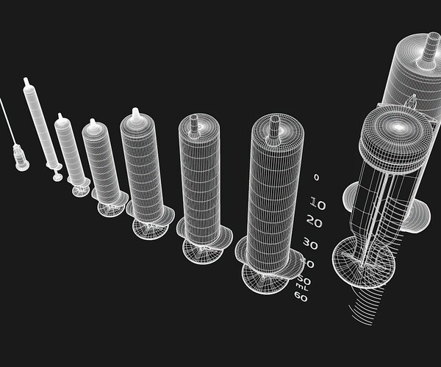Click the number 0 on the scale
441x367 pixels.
coord(316,178)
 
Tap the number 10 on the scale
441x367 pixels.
coord(318,203)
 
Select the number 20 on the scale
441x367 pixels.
coord(314,222)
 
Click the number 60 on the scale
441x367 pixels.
coord(301,297)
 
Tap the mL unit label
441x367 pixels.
coord(301,288)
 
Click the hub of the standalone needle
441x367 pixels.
coord(21,157)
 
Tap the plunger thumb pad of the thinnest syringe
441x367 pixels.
coord(57,177)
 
